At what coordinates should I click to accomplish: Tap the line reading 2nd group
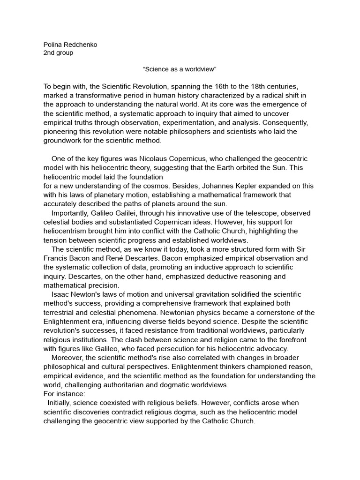(x=58, y=52)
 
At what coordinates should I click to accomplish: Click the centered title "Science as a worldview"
(x=180, y=69)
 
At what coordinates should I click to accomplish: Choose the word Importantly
(x=69, y=213)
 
